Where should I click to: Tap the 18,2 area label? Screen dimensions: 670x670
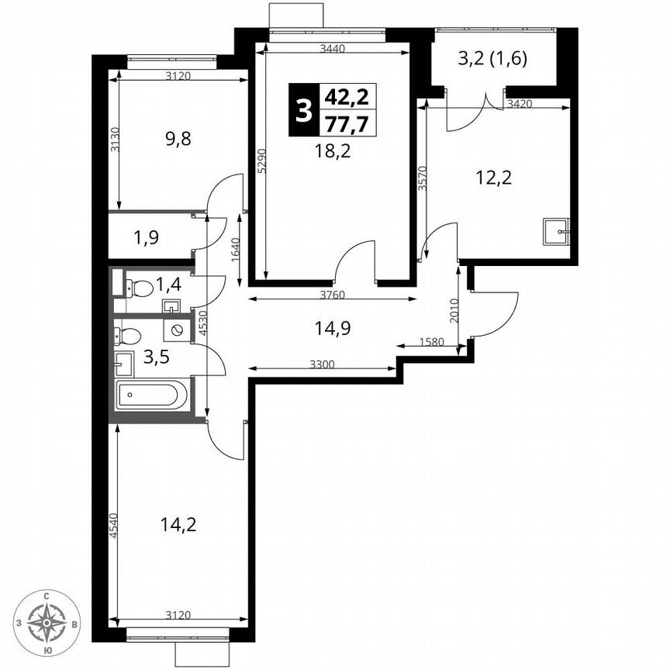click(333, 150)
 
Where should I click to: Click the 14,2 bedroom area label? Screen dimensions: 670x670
click(178, 524)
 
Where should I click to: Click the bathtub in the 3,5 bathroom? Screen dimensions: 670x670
click(151, 395)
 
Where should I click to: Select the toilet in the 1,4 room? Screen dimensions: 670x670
click(140, 288)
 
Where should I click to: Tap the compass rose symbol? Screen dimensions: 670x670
click(48, 622)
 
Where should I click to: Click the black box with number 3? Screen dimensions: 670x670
click(302, 110)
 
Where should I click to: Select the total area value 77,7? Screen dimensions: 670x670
click(346, 123)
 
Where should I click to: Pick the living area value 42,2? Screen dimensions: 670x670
click(346, 97)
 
